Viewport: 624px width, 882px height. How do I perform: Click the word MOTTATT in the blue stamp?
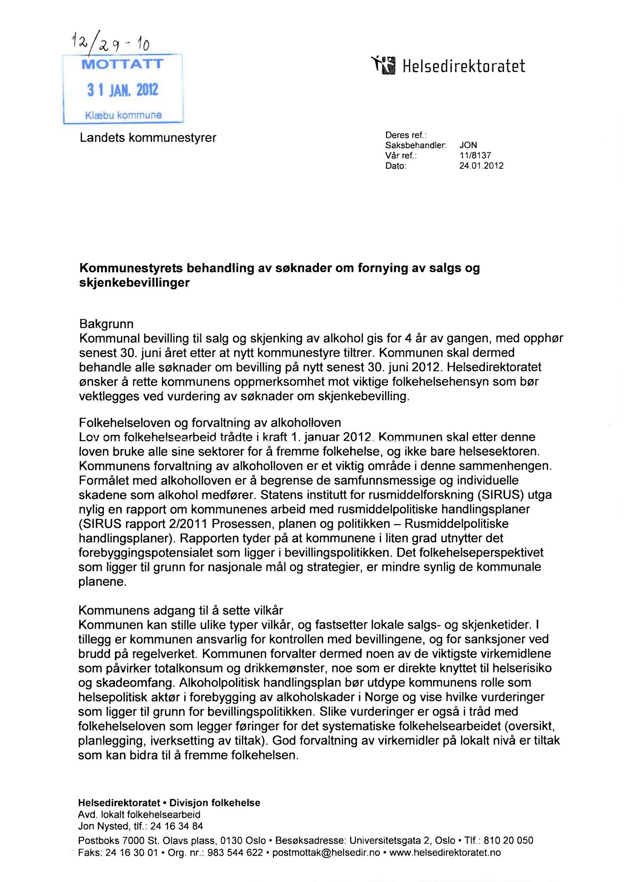click(123, 65)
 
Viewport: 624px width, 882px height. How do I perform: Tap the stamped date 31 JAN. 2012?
click(123, 90)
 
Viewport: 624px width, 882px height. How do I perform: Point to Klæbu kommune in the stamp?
click(124, 115)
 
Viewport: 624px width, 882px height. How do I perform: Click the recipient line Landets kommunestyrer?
click(148, 138)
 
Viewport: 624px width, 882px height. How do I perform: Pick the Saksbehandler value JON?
click(468, 146)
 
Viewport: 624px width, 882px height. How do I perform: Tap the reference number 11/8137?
click(475, 155)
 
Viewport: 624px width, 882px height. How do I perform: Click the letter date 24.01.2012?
click(481, 166)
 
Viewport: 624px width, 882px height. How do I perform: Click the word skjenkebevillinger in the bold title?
click(134, 283)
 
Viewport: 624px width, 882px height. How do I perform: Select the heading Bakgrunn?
click(106, 323)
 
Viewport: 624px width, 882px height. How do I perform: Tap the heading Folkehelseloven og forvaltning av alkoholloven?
click(210, 422)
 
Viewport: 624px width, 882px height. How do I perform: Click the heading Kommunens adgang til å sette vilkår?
click(180, 610)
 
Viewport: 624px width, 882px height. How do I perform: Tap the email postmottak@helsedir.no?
click(326, 852)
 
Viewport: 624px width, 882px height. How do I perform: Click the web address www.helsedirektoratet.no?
click(445, 852)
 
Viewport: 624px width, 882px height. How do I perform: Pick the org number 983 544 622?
click(235, 852)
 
